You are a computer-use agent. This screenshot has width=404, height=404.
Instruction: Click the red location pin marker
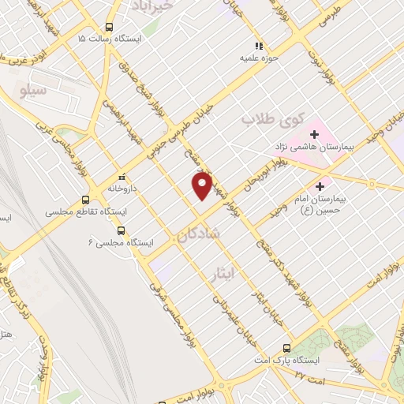pyautogui.click(x=203, y=185)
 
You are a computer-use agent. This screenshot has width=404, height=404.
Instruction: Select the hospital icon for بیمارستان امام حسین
pyautogui.click(x=320, y=187)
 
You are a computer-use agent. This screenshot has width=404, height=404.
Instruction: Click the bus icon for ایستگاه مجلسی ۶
pyautogui.click(x=121, y=230)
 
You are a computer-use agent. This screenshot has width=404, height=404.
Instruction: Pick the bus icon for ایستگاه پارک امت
pyautogui.click(x=286, y=347)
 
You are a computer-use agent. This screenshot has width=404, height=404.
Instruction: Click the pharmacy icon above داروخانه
pyautogui.click(x=120, y=178)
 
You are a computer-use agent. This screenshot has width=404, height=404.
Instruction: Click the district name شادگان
pyautogui.click(x=198, y=235)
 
